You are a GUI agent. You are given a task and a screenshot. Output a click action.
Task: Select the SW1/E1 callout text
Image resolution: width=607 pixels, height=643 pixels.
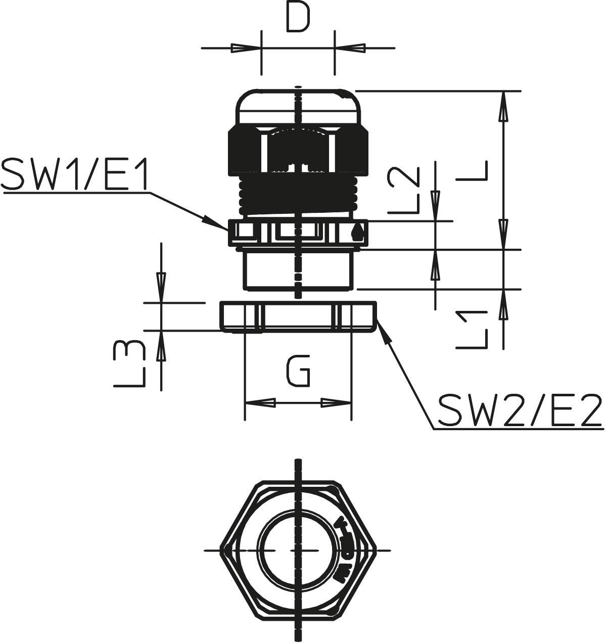74,174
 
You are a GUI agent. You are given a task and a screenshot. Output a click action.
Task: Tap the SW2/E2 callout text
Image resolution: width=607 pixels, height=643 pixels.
521,409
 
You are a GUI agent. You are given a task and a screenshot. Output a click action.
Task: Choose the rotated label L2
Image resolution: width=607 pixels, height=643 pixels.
403,190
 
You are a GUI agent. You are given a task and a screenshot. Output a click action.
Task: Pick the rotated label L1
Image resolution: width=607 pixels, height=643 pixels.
471,330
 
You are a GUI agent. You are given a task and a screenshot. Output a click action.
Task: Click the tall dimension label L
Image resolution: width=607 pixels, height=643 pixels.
472,171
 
